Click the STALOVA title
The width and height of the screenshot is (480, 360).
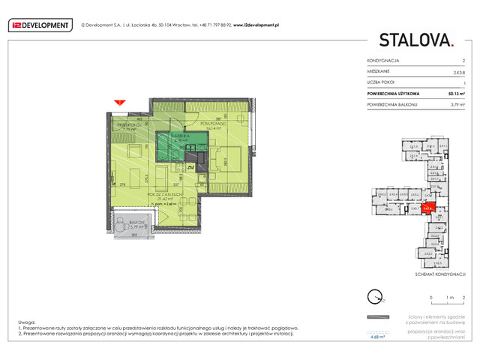point(415,40)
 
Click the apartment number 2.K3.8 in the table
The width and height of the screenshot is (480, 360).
point(458,70)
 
